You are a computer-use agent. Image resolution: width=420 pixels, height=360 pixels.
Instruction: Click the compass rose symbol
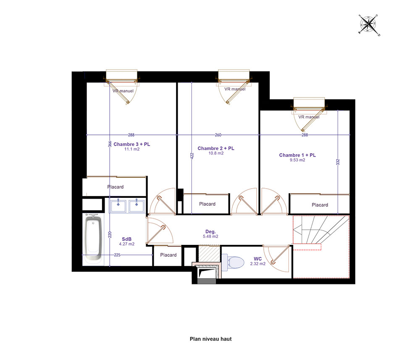click(x=369, y=25)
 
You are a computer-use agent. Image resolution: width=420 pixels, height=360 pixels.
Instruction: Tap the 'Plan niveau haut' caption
click(x=210, y=339)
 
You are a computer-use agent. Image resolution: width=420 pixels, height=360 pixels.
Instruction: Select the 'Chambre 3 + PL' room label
click(x=132, y=144)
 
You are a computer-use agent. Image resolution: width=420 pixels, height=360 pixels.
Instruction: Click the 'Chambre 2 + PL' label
click(x=216, y=148)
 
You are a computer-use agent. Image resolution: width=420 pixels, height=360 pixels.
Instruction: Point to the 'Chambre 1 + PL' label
click(x=297, y=155)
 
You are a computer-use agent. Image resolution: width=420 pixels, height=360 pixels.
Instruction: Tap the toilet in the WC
click(x=233, y=262)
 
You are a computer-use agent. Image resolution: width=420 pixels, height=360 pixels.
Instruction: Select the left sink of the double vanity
click(x=118, y=206)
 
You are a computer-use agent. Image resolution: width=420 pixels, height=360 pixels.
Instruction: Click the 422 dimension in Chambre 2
click(x=192, y=156)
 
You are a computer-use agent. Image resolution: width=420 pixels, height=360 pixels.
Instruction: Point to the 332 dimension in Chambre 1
click(x=338, y=162)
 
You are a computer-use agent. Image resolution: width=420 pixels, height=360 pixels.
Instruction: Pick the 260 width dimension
click(x=218, y=135)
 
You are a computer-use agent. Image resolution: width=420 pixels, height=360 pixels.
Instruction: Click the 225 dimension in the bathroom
click(x=117, y=255)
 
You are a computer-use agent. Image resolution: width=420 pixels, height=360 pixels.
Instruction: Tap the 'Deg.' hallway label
click(x=210, y=231)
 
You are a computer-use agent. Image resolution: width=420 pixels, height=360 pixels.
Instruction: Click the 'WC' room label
click(x=258, y=259)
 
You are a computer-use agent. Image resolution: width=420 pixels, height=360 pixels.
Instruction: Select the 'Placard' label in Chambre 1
click(x=320, y=205)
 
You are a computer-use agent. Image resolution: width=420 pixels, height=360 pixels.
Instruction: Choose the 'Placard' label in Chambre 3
click(x=115, y=187)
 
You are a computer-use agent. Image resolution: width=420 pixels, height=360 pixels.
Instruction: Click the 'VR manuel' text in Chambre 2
click(x=235, y=89)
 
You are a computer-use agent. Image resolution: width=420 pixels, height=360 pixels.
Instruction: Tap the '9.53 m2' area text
click(x=297, y=160)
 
